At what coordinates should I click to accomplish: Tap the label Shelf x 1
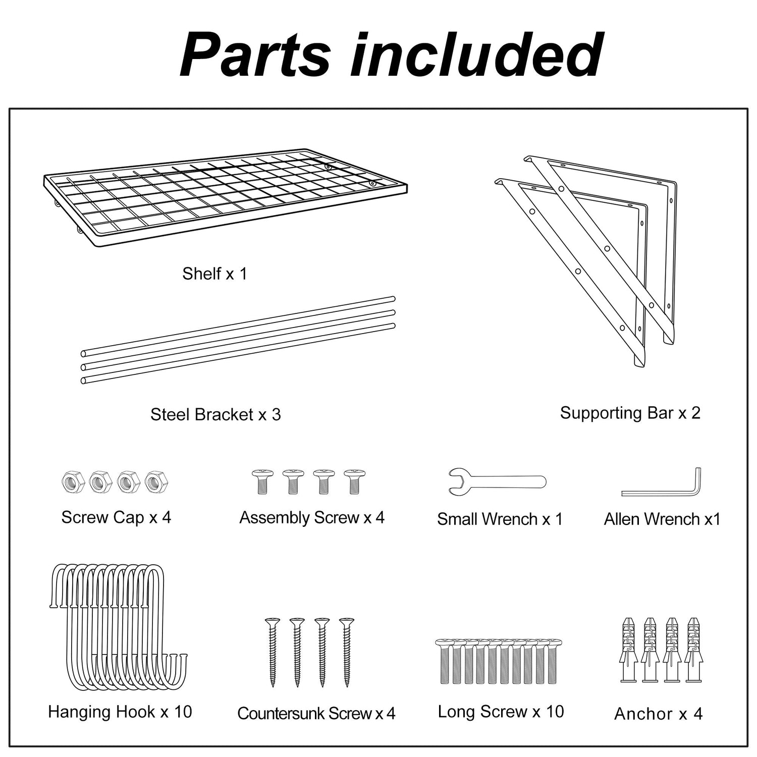click(214, 274)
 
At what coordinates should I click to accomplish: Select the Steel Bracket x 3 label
click(215, 414)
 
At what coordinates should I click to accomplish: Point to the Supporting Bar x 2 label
click(630, 413)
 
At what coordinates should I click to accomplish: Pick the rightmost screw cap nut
click(156, 481)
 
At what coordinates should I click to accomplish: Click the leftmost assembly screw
click(262, 481)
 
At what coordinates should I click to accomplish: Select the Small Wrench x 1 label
click(500, 519)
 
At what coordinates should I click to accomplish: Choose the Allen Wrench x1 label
click(662, 519)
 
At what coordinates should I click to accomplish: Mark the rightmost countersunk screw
click(347, 651)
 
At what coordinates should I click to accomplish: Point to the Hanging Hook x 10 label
click(120, 712)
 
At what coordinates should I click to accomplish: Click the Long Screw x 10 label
click(501, 712)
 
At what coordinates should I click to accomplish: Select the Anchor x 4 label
click(658, 714)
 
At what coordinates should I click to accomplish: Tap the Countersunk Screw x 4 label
click(316, 713)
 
